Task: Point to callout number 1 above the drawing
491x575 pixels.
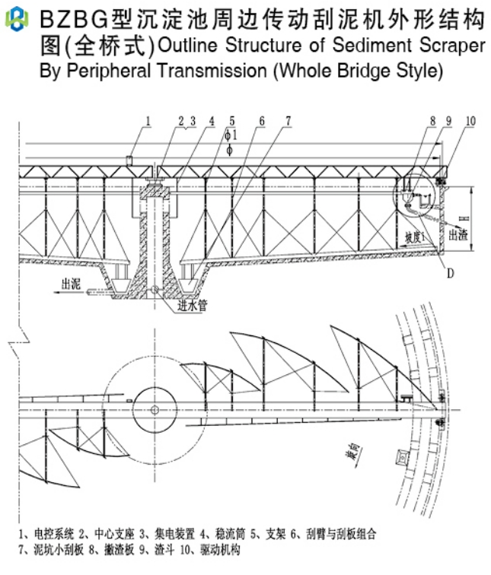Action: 148,121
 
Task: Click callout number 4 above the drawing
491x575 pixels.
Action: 211,121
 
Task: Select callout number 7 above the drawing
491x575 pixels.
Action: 289,121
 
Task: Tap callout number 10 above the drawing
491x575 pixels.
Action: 470,121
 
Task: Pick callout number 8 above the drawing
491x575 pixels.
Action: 432,121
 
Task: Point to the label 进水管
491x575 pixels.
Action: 192,305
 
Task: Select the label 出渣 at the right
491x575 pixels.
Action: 458,236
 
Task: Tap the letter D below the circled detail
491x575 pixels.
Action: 450,275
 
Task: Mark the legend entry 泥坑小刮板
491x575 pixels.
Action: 57,549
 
